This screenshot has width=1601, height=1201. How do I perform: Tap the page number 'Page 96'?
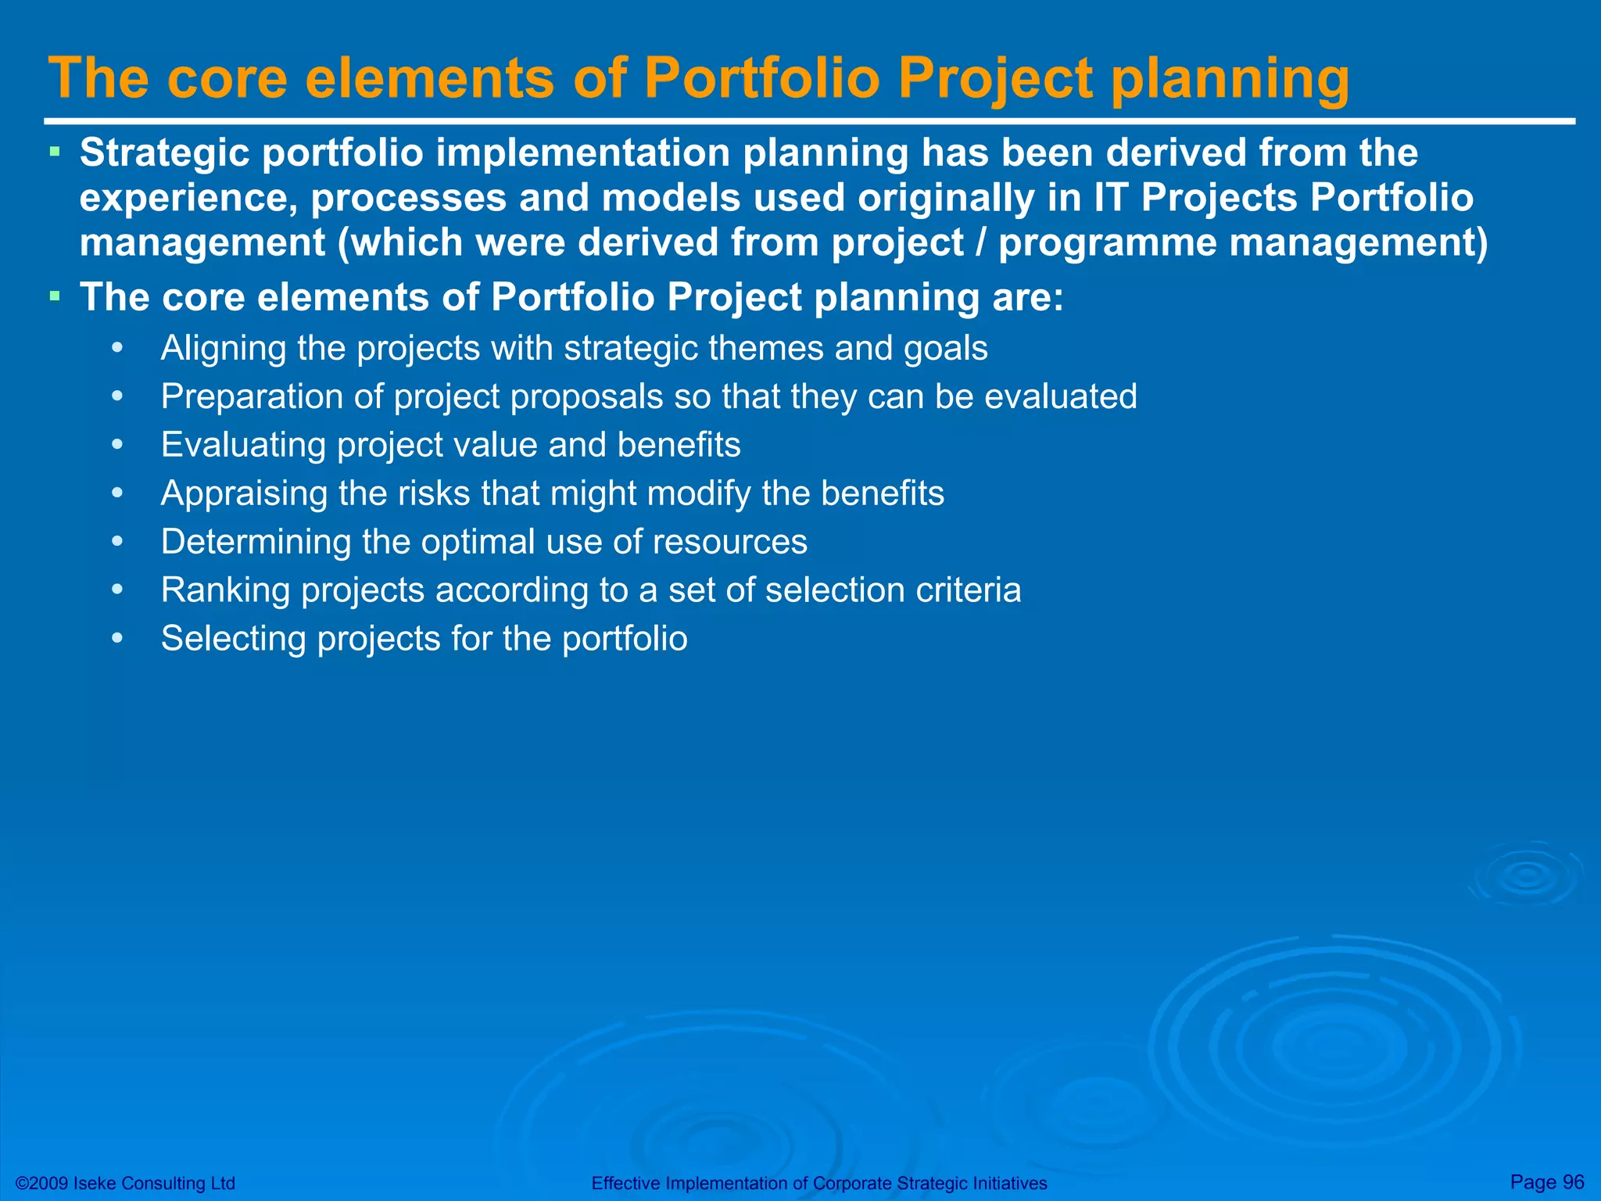1547,1181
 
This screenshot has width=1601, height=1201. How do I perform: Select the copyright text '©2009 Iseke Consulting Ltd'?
126,1183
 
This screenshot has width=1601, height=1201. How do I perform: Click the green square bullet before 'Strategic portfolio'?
54,149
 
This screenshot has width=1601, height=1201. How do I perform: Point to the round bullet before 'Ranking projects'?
117,590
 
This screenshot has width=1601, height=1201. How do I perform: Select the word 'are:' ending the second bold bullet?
1028,298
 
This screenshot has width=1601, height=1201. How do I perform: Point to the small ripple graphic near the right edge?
1526,875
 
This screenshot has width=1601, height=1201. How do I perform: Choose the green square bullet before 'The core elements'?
54,296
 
